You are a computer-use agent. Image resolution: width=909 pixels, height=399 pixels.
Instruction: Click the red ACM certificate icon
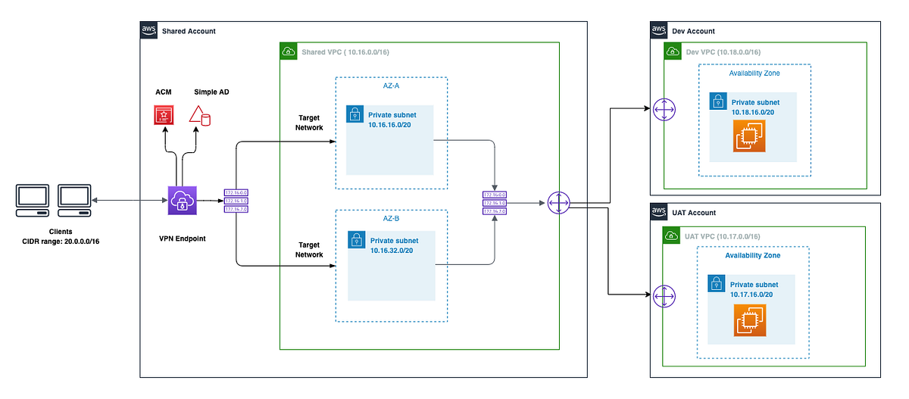click(163, 115)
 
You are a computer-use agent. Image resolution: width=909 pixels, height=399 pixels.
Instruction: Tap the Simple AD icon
click(200, 115)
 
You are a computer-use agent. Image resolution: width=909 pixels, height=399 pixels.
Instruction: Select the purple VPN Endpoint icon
click(182, 201)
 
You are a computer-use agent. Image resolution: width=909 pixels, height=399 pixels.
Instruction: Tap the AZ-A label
click(391, 86)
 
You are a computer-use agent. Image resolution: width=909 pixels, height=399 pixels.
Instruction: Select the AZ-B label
click(391, 219)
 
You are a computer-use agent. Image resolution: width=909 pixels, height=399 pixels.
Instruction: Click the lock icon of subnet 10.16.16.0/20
click(355, 114)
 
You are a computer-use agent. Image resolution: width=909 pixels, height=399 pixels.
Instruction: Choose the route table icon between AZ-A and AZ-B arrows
click(494, 203)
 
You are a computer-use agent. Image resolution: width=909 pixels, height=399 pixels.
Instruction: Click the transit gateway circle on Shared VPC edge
click(558, 203)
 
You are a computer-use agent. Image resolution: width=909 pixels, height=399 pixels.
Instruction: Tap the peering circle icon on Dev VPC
click(664, 109)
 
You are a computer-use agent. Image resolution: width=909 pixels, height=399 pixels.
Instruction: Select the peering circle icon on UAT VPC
click(664, 296)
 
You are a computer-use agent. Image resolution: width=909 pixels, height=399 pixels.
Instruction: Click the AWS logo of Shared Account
click(149, 30)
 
